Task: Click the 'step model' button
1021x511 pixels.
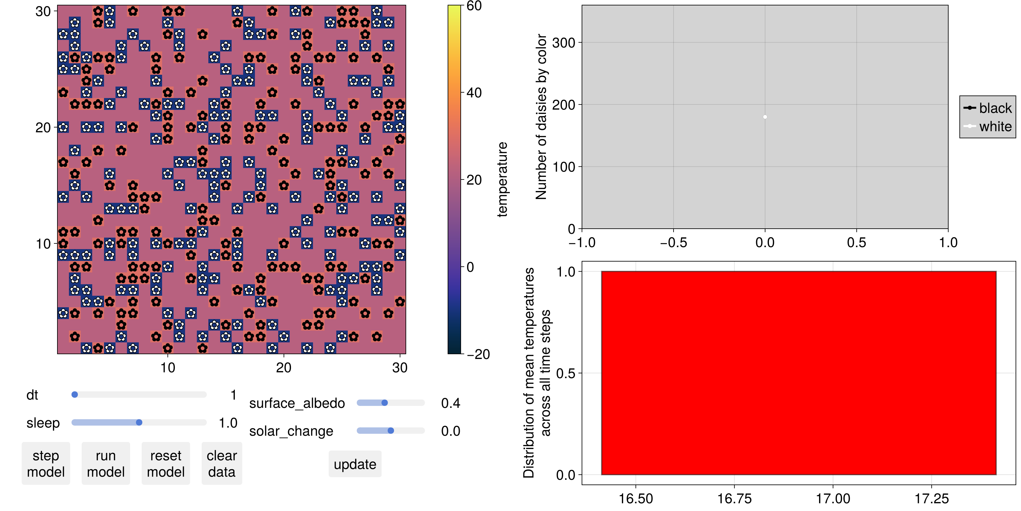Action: [46, 463]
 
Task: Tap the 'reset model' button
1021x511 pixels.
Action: [166, 463]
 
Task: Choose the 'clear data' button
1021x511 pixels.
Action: [221, 463]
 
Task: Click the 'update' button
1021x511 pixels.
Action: [355, 464]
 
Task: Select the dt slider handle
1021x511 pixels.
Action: [75, 394]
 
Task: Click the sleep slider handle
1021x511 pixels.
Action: [139, 422]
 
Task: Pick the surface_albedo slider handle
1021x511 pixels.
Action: [384, 403]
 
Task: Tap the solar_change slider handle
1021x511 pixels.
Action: [391, 431]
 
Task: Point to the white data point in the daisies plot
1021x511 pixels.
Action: [765, 117]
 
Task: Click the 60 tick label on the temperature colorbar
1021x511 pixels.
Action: [474, 6]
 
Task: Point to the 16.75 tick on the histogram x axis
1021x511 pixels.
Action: [734, 498]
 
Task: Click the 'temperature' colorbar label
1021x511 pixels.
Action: [502, 179]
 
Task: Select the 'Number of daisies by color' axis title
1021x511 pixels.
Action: [541, 117]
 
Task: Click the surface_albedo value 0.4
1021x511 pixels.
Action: [451, 403]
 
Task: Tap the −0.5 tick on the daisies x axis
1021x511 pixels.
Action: [674, 242]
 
